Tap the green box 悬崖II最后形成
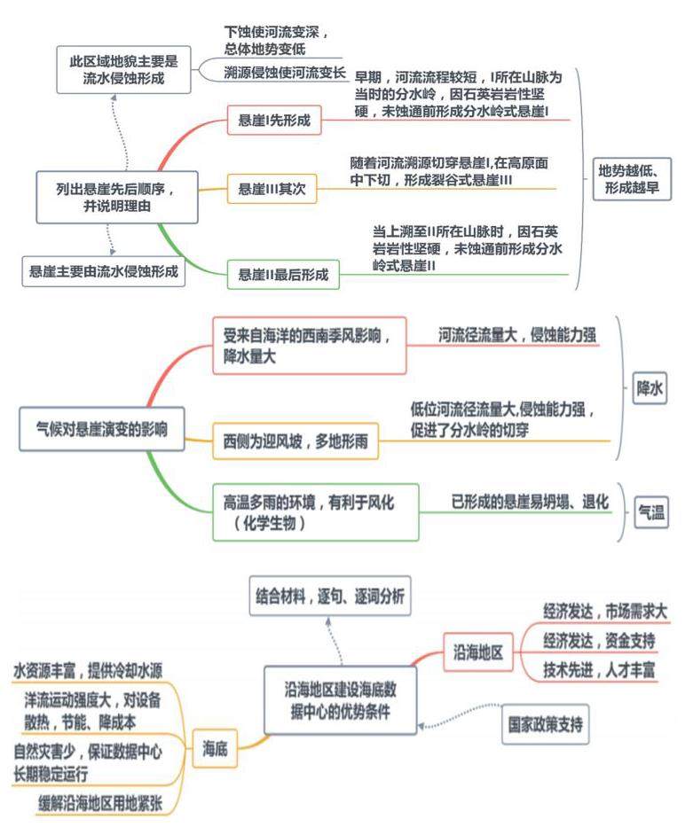(283, 275)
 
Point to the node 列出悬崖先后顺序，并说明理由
(116, 197)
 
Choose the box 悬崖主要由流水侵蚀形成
(104, 270)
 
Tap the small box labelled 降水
(650, 387)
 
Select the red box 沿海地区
(478, 654)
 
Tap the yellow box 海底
(216, 750)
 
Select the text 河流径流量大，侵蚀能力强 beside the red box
(517, 335)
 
